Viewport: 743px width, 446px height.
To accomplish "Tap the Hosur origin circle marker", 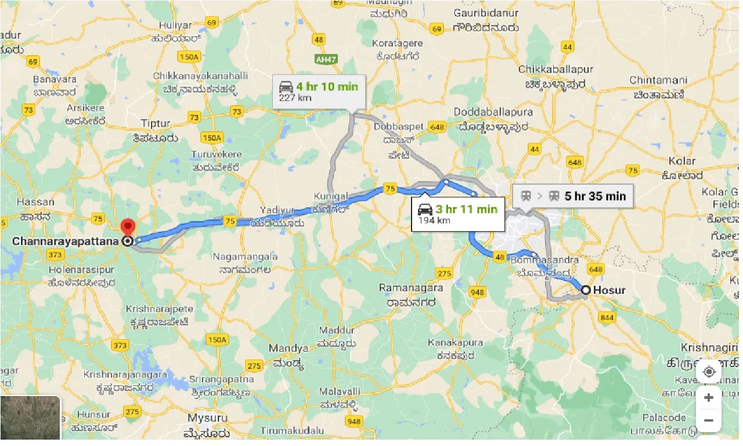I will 586,290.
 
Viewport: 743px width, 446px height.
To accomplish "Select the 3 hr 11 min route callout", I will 458,214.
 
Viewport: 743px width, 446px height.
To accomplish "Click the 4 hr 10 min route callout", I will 319,92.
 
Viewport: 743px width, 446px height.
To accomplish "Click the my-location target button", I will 709,372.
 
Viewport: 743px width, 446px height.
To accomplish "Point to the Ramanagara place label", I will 411,287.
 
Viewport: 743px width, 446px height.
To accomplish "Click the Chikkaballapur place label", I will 556,69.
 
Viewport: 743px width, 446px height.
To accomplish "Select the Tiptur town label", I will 156,124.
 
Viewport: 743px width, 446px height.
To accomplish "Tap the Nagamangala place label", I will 245,256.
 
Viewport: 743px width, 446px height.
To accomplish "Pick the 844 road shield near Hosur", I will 607,317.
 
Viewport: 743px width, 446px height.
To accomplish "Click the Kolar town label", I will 681,161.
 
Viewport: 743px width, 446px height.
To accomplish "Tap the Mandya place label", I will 288,348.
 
